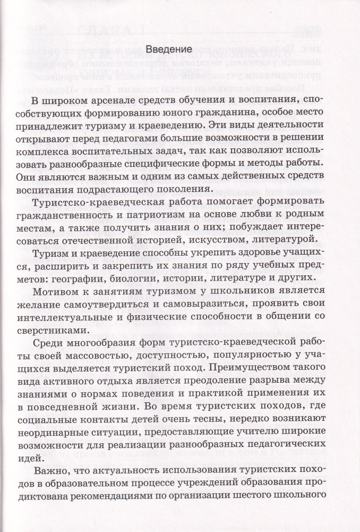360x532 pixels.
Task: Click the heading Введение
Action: tap(168, 49)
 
